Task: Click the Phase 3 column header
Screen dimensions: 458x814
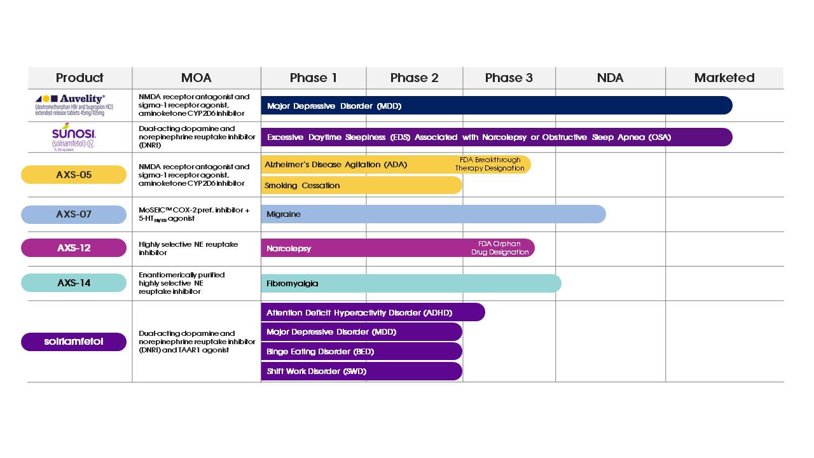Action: (509, 78)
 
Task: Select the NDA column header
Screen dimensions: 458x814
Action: (610, 78)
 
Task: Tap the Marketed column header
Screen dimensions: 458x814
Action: (724, 78)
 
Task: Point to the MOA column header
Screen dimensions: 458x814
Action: (196, 78)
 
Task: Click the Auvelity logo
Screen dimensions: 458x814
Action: (70, 105)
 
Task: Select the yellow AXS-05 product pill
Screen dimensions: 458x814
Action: (74, 174)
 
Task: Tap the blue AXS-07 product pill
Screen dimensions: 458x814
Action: (74, 214)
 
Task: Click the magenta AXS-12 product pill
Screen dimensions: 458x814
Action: (74, 247)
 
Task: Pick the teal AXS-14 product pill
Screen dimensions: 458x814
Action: (74, 282)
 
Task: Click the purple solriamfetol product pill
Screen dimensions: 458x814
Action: (74, 342)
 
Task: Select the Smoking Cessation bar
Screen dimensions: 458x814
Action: (361, 185)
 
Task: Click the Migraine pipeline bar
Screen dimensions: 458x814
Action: (432, 214)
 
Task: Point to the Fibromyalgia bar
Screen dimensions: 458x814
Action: (411, 283)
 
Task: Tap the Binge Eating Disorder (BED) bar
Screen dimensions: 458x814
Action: (361, 351)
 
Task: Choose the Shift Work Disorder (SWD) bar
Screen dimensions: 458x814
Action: (361, 371)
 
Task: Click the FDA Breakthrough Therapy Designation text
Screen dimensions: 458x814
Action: (490, 164)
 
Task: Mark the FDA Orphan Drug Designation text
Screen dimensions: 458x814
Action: (500, 248)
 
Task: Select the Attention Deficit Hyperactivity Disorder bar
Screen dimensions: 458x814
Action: (373, 312)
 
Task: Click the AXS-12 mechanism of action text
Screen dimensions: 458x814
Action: (188, 248)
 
